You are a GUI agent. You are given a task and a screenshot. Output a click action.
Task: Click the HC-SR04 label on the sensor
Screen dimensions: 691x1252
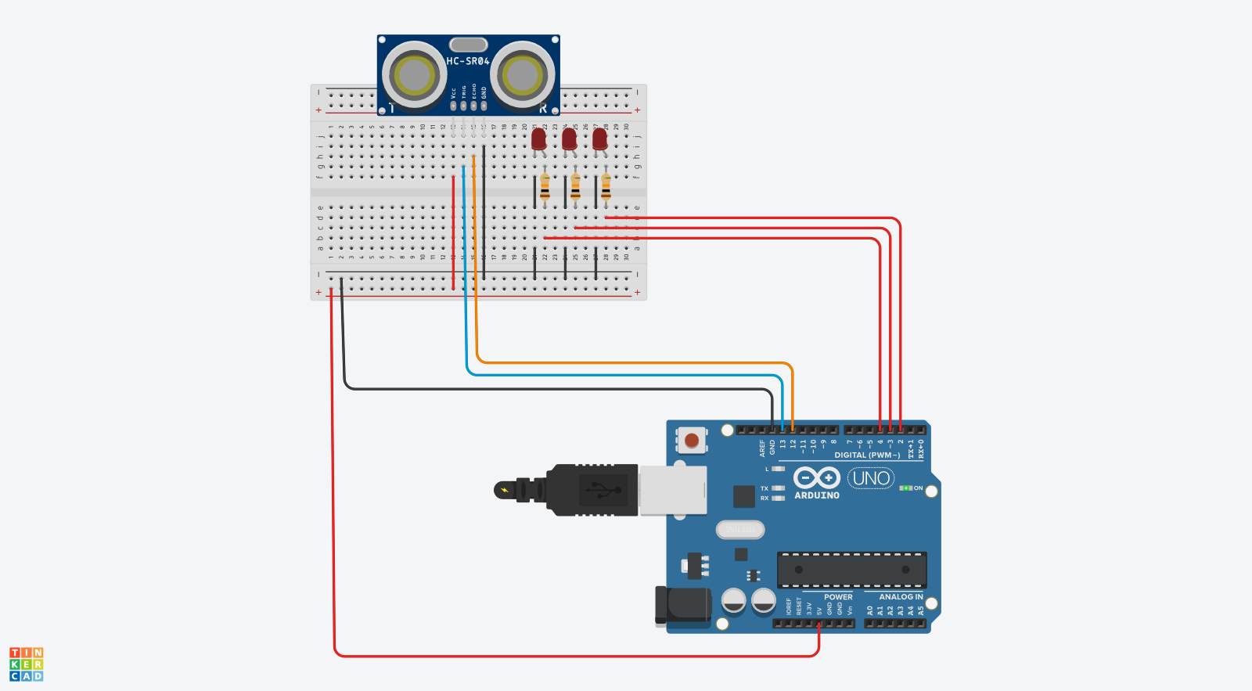point(468,61)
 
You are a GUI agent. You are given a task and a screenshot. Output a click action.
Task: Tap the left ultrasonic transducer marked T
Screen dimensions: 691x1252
point(414,75)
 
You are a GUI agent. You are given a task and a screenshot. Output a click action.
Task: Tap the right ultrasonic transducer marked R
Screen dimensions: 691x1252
point(522,76)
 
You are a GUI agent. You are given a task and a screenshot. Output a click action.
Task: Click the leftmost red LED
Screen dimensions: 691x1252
point(538,139)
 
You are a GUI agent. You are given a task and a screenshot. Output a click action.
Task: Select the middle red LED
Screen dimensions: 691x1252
point(569,139)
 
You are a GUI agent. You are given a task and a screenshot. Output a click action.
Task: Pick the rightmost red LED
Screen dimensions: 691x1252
point(599,139)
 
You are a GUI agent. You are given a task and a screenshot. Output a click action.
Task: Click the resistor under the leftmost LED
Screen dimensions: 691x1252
point(545,188)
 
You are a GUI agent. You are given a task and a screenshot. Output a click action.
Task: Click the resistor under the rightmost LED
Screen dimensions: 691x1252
point(606,188)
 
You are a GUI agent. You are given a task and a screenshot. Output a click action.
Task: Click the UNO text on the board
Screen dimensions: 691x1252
point(871,478)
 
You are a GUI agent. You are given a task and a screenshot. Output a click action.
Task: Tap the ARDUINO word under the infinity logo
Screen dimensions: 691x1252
point(817,495)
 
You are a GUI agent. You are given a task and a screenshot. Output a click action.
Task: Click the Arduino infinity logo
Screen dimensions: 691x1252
point(816,477)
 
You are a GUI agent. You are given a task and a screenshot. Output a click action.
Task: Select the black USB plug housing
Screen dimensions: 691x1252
point(592,491)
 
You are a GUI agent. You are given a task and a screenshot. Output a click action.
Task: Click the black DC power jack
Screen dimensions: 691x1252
point(683,606)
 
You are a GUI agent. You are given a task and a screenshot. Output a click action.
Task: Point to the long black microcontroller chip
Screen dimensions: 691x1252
point(851,570)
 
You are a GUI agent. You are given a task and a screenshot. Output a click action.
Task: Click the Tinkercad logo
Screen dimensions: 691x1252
point(26,664)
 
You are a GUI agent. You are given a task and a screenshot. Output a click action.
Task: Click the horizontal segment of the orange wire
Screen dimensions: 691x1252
point(634,363)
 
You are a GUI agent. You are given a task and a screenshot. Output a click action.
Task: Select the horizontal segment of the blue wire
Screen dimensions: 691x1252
point(626,375)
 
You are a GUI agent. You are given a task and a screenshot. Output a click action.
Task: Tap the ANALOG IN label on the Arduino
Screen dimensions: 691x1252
point(901,597)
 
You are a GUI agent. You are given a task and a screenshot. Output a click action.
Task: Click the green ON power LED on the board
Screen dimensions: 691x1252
point(906,488)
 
